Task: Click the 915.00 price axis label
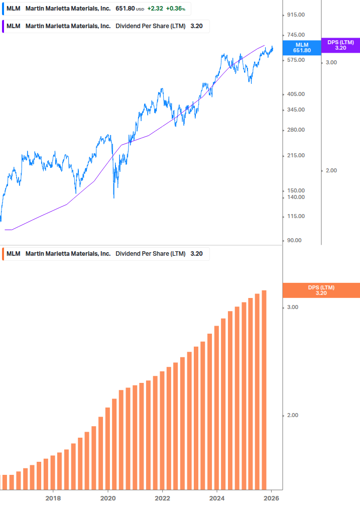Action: point(296,15)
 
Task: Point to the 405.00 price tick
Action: point(296,94)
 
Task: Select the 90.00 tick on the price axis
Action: point(295,240)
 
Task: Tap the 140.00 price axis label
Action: point(296,197)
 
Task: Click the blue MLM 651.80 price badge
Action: point(302,48)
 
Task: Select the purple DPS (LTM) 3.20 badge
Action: point(340,45)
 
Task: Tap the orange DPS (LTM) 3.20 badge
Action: point(321,290)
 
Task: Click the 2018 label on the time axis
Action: point(53,498)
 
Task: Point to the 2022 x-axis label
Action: point(162,498)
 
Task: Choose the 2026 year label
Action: point(271,498)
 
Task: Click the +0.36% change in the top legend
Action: point(175,9)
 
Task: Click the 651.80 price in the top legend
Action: point(125,9)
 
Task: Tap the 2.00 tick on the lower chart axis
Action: point(292,416)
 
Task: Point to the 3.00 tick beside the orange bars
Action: point(292,308)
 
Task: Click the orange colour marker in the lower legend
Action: point(3,254)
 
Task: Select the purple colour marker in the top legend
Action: point(3,26)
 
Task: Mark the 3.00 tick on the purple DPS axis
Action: point(331,62)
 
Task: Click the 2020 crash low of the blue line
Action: point(114,197)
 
